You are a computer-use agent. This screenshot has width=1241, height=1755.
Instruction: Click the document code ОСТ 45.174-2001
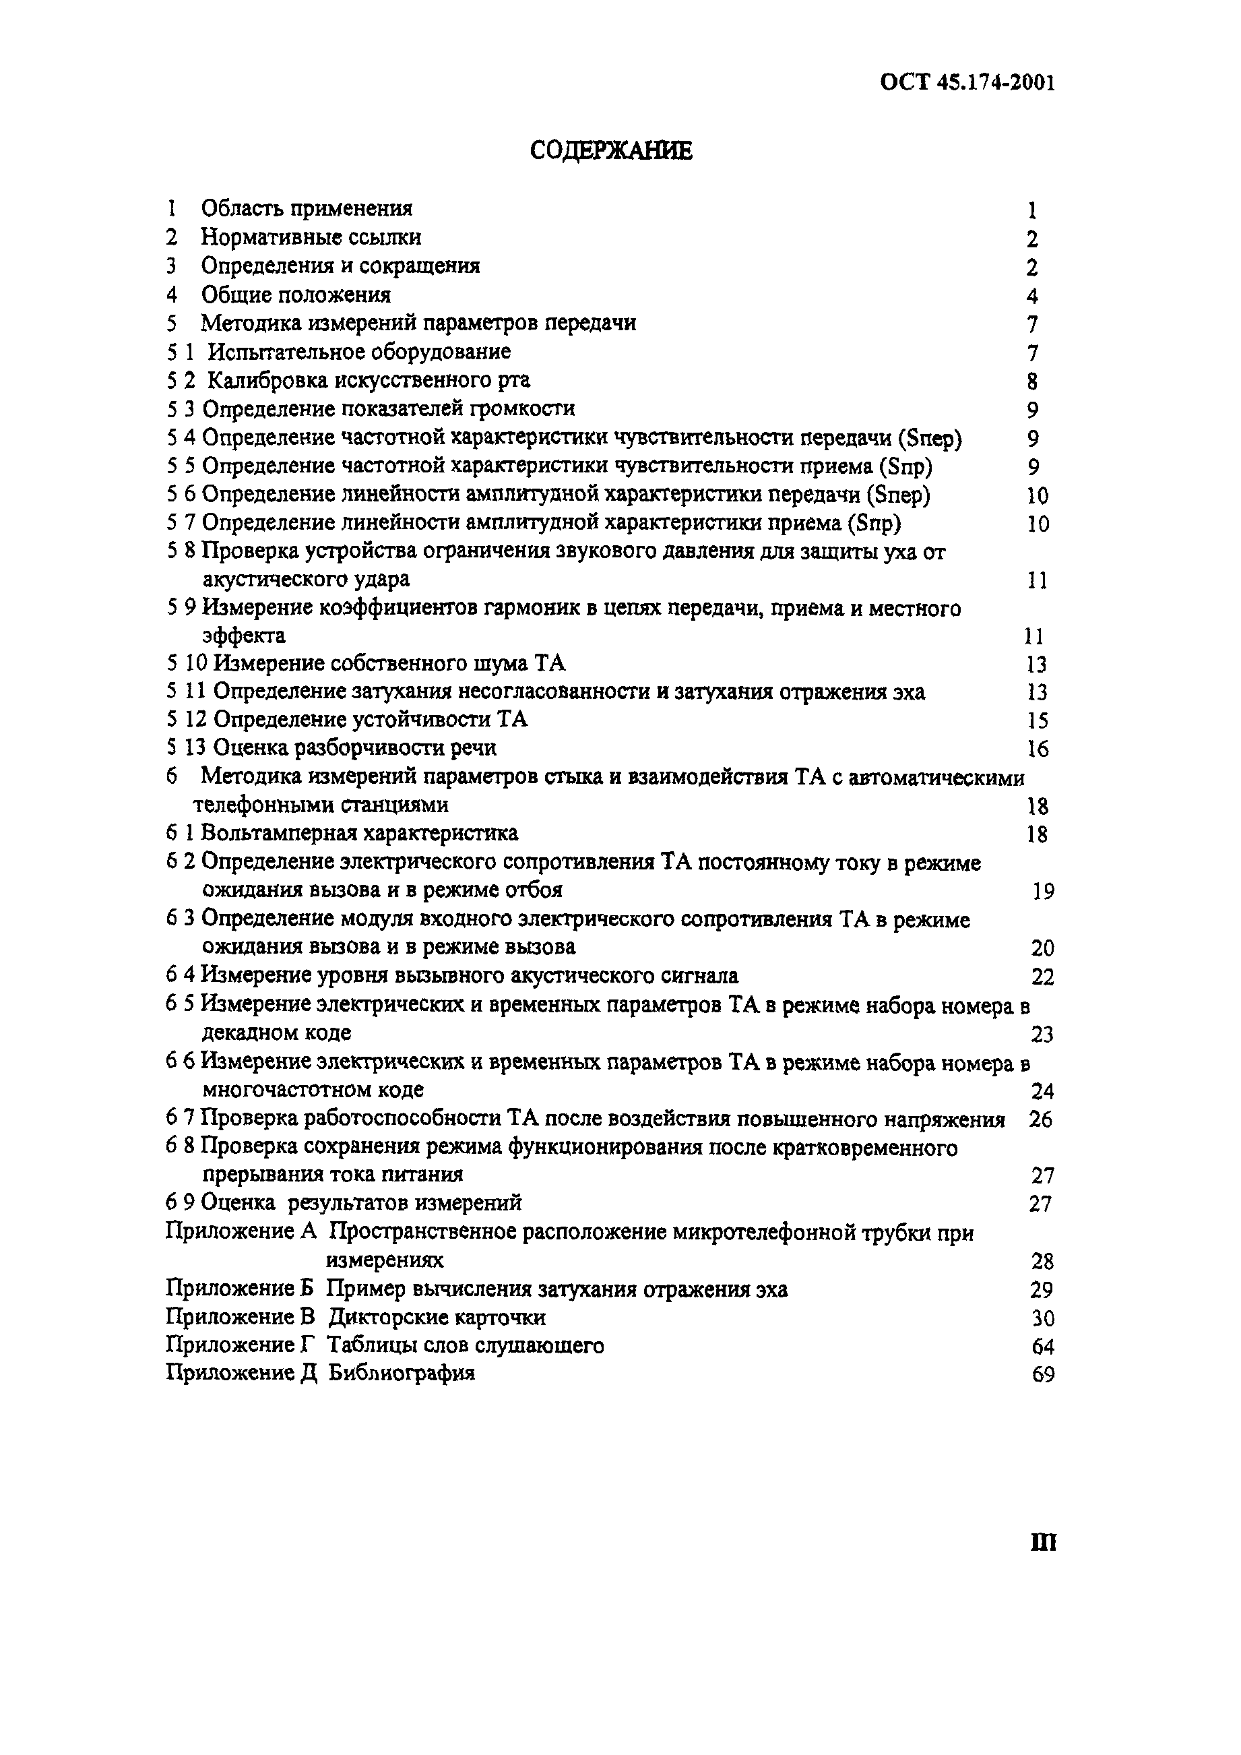pos(967,82)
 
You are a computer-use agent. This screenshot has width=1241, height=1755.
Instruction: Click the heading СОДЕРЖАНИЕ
pos(611,150)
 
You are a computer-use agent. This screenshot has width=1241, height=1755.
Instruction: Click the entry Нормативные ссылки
pos(311,237)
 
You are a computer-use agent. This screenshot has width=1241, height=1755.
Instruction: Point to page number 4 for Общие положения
pos(1032,296)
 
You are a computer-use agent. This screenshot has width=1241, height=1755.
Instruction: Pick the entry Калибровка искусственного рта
pos(369,380)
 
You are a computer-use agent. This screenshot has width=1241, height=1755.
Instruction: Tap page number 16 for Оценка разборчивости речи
pos(1038,748)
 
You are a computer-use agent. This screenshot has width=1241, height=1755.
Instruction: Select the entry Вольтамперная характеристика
pos(359,832)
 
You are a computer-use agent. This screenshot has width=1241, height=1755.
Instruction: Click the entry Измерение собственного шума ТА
pos(389,663)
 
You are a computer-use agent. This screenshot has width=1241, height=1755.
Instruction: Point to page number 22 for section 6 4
pos(1042,977)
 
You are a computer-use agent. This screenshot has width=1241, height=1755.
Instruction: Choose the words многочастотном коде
pos(313,1089)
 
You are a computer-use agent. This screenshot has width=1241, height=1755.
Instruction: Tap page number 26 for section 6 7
pos(1041,1120)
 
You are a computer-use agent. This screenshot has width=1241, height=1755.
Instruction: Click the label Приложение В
pos(240,1317)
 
